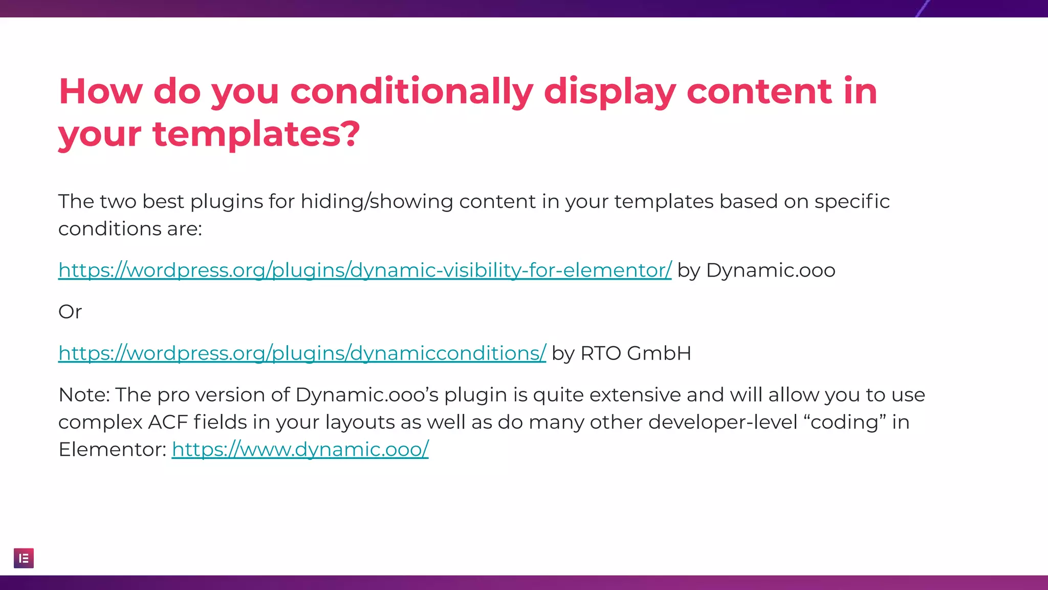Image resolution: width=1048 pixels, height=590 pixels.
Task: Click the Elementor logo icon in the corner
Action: coord(24,558)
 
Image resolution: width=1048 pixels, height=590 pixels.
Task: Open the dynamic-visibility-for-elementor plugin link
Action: coord(364,270)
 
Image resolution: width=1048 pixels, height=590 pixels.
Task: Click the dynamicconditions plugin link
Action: coord(302,353)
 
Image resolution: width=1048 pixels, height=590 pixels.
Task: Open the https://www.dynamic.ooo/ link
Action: coord(300,450)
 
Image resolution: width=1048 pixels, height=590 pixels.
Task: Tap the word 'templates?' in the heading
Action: coord(256,134)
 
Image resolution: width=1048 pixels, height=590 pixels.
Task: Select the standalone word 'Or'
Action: coord(70,312)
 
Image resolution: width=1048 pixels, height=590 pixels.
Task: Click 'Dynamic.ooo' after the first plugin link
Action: coord(771,270)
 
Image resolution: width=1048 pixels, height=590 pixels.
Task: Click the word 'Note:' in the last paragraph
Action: coord(84,395)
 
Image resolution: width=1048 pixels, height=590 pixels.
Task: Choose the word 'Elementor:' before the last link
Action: coord(112,450)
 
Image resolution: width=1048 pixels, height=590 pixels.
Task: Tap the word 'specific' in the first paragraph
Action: coord(851,202)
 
